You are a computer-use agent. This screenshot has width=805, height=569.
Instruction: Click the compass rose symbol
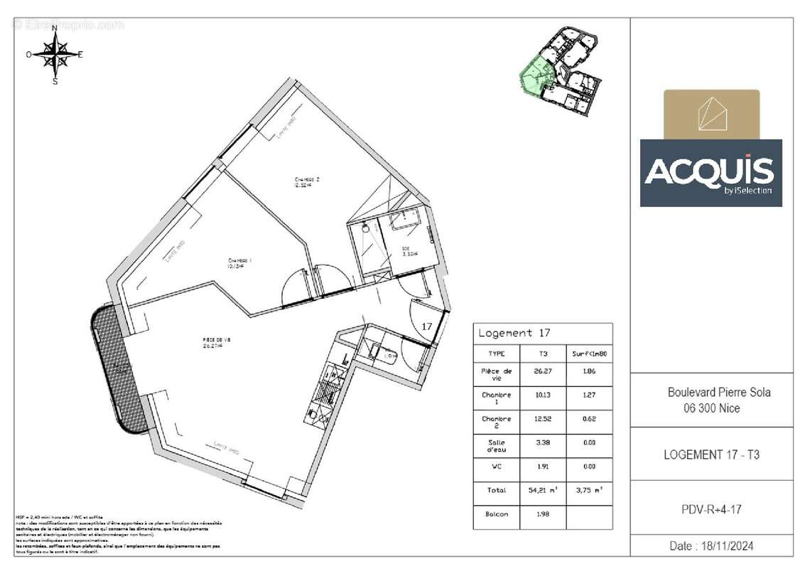pos(55,54)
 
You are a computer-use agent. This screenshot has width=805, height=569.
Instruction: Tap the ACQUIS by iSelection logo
pos(711,172)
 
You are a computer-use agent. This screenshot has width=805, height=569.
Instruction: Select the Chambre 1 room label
pos(240,263)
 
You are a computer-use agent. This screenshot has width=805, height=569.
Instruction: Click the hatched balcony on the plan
pos(119,370)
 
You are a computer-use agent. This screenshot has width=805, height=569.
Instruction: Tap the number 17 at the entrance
pos(427,326)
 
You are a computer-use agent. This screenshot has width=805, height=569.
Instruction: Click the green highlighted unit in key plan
pos(536,75)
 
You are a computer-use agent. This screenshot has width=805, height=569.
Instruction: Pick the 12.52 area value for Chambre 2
pos(543,419)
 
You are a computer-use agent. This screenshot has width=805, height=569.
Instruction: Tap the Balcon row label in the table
pos(496,514)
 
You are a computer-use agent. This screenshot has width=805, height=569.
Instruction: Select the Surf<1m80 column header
pos(588,353)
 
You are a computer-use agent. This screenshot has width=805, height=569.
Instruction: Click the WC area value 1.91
pos(543,467)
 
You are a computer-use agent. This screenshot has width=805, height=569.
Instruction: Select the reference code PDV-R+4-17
pos(712,508)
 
